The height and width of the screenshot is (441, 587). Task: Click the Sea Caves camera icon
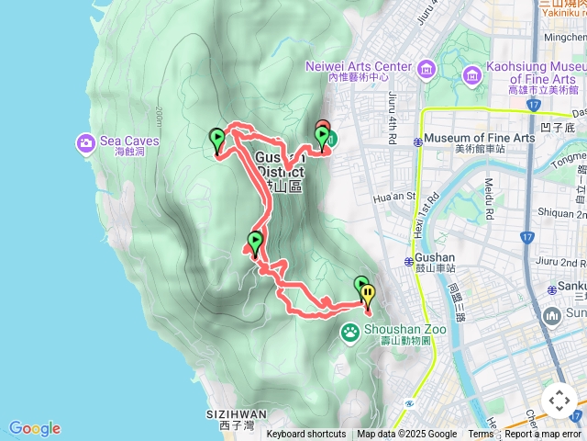[85, 142]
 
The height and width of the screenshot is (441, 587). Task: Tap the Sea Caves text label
[129, 141]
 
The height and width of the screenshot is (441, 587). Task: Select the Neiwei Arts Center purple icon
[426, 69]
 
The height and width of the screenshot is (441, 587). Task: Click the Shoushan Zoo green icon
[350, 332]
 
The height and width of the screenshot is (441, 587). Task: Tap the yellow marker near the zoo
[368, 296]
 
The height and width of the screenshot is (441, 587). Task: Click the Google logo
[34, 428]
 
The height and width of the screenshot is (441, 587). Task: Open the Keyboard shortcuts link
[306, 435]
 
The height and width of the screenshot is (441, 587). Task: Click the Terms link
[481, 435]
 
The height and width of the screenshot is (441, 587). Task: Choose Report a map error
[543, 435]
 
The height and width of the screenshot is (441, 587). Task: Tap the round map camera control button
[559, 401]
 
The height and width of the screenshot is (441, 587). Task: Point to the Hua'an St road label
[399, 196]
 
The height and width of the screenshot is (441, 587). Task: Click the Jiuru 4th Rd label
[393, 119]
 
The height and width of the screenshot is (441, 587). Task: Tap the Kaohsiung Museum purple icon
[473, 74]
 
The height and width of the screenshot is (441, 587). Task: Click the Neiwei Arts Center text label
[358, 67]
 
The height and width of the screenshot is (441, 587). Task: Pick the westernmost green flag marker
[217, 141]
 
